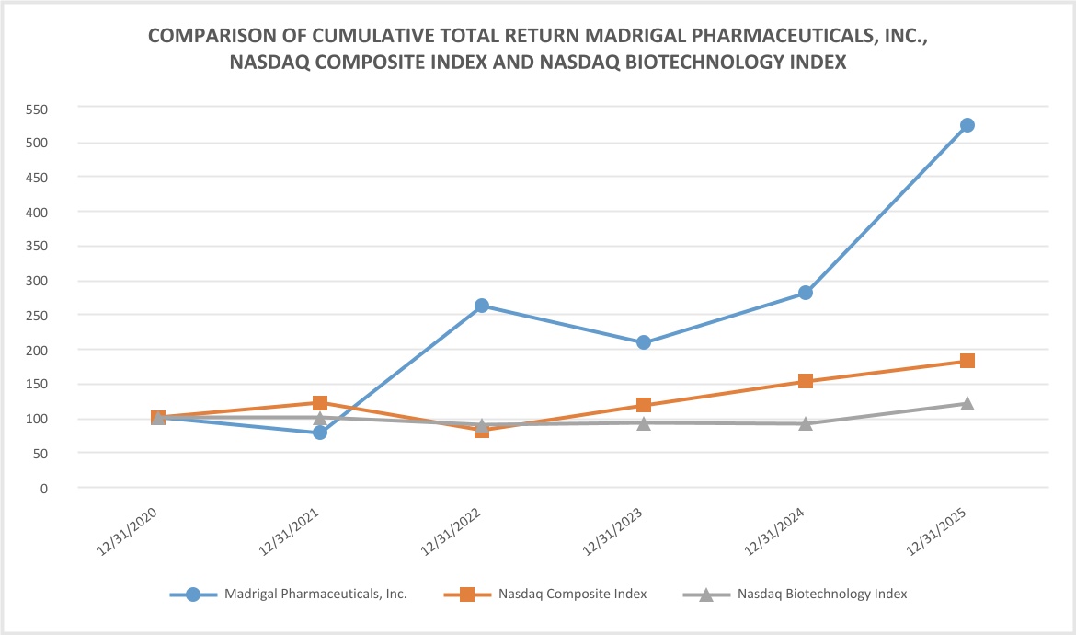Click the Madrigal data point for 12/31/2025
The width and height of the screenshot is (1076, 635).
[x=967, y=125]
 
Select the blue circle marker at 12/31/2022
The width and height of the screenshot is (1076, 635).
[x=481, y=306]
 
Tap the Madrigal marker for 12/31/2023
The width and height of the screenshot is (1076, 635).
[x=643, y=342]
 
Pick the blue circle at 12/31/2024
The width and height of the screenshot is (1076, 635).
[x=805, y=293]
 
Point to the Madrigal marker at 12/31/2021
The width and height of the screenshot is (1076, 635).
[x=319, y=433]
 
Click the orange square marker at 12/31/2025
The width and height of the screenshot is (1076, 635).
[x=967, y=361]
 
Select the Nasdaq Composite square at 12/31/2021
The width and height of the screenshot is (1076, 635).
[x=319, y=403]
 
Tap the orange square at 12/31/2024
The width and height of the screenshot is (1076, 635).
[x=805, y=381]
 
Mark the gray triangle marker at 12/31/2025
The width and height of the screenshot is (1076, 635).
[x=967, y=403]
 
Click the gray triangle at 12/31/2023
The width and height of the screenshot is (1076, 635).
[x=643, y=422]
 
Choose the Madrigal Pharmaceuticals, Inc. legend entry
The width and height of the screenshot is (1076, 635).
[x=315, y=594]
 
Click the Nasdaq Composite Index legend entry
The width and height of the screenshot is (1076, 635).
[x=573, y=594]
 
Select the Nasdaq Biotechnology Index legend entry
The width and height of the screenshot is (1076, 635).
[x=822, y=594]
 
